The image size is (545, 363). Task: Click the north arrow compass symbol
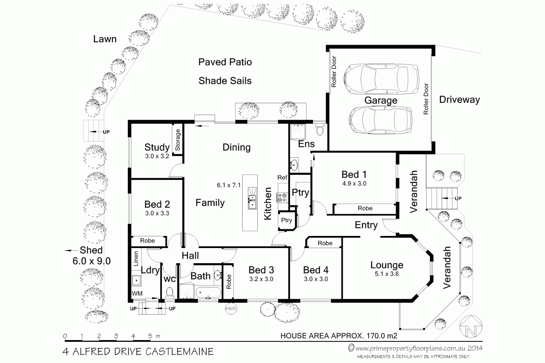click(x=471, y=326)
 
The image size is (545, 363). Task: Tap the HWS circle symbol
click(x=231, y=309)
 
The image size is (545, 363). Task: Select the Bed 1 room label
click(x=354, y=174)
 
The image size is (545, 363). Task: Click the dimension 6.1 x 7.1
click(x=228, y=185)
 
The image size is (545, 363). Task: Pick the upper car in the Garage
click(x=381, y=79)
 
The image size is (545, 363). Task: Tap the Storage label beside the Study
click(x=178, y=140)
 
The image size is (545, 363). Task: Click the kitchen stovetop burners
click(x=282, y=197)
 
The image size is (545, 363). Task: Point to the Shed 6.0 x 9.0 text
click(x=91, y=256)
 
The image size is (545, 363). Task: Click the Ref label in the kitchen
click(x=282, y=177)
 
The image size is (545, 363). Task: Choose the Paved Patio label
click(x=225, y=62)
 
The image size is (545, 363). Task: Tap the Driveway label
click(x=459, y=100)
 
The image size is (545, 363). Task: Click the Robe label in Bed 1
click(x=365, y=208)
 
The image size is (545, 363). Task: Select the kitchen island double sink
click(x=252, y=198)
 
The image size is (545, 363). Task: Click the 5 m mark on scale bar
click(x=150, y=336)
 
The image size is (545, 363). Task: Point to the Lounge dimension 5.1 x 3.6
click(x=387, y=274)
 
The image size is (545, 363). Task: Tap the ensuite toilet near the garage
click(x=320, y=129)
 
